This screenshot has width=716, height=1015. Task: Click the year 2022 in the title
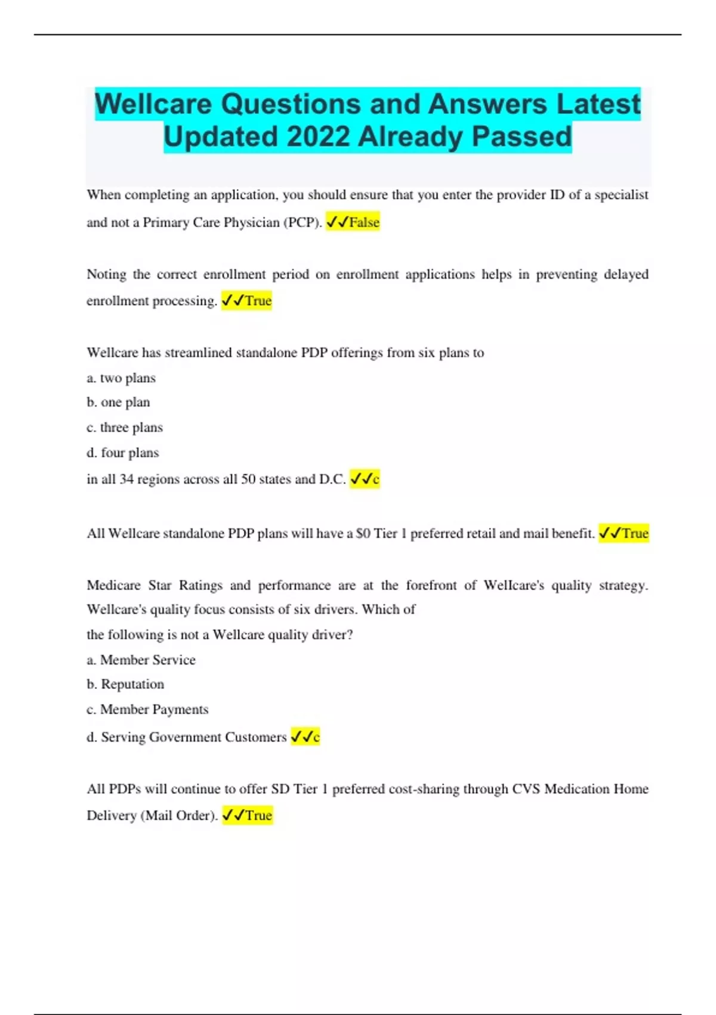tap(317, 137)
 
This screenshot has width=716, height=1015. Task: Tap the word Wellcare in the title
tap(154, 104)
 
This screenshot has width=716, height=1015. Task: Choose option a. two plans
tap(121, 378)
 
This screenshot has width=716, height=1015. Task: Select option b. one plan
tap(118, 402)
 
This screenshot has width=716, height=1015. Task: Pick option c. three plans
tap(125, 427)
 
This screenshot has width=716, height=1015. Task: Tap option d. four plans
tap(123, 453)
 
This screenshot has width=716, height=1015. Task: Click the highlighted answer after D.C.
tap(365, 479)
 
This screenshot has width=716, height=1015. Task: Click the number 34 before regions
tap(126, 479)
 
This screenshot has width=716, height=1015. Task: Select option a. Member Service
tap(141, 660)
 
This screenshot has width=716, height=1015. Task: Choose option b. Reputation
tap(125, 684)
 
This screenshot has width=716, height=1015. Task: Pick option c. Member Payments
tap(148, 709)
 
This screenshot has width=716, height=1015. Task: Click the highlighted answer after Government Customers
tap(305, 737)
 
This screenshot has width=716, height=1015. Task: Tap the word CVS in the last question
tap(526, 789)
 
